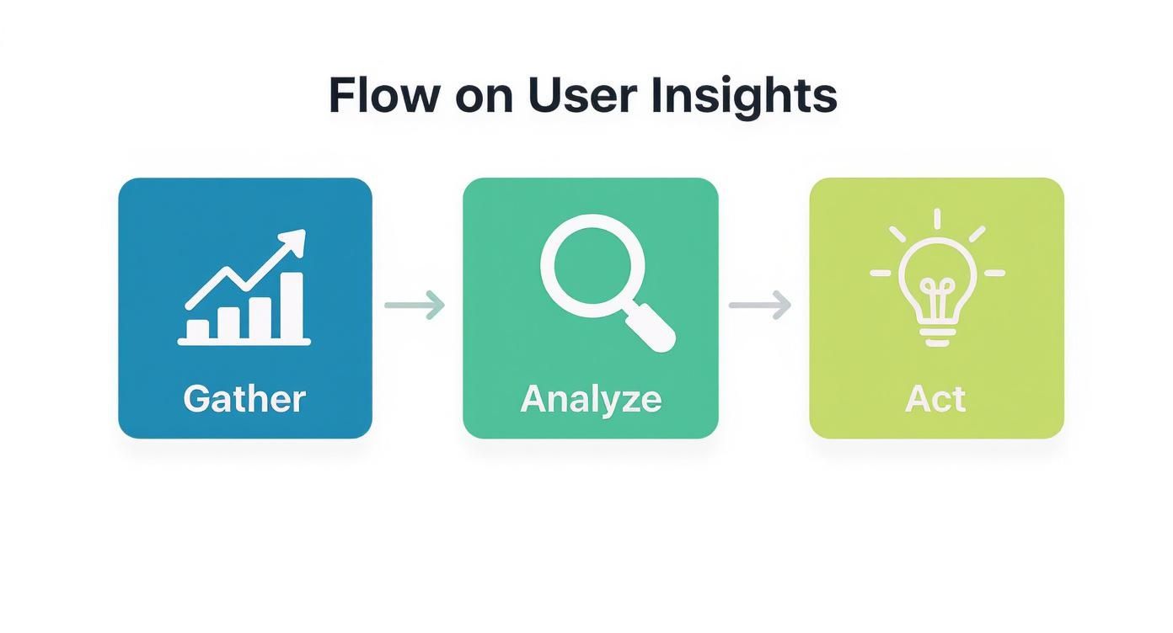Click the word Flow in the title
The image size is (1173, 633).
point(383,95)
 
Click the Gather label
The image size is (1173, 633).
point(244,398)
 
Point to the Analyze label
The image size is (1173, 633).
point(591,398)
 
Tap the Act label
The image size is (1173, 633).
point(935,398)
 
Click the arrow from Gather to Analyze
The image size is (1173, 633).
point(415,305)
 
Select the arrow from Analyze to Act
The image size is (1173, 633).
point(760,305)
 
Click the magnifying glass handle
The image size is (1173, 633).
point(650,328)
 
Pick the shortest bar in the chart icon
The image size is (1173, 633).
point(197,330)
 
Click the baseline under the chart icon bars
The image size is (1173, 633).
point(244,342)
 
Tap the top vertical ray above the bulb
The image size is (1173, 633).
point(937,219)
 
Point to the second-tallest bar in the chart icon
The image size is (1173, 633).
point(260,317)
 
